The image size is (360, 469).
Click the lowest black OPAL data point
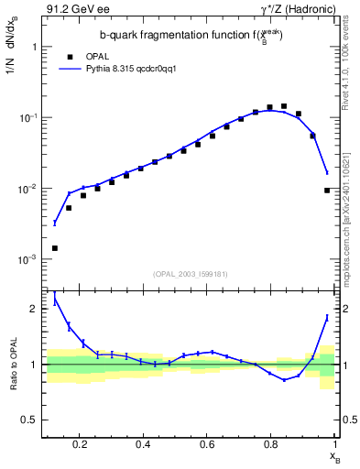click(x=55, y=248)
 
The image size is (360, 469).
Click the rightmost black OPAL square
click(x=327, y=191)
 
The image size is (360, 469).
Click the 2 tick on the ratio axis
click(x=35, y=309)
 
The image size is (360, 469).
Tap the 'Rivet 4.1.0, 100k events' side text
click(x=351, y=64)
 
